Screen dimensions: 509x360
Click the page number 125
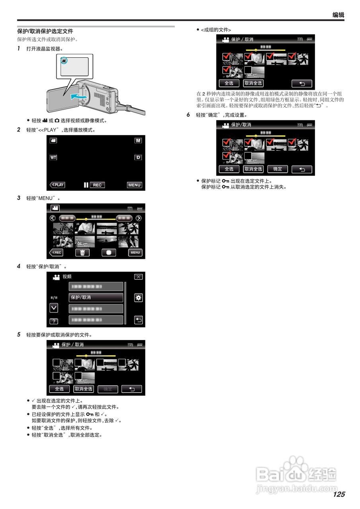pyautogui.click(x=339, y=494)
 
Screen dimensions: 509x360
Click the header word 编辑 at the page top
pyautogui.click(x=338, y=15)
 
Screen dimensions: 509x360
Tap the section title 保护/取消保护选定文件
pyautogui.click(x=45, y=31)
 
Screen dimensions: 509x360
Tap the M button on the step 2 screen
pyautogui.click(x=138, y=141)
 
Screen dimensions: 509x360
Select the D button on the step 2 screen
pyautogui.click(x=138, y=157)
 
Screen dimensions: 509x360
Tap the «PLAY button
pyautogui.click(x=57, y=185)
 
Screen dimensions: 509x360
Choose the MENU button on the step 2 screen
pyautogui.click(x=134, y=185)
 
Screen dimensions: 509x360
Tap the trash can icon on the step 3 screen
pyautogui.click(x=82, y=253)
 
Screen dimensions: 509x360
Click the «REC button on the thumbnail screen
pyautogui.click(x=56, y=253)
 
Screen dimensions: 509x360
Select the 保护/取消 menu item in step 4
pyautogui.click(x=96, y=297)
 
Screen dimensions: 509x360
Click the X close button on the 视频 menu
pyautogui.click(x=138, y=277)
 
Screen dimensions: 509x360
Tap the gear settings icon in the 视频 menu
pyautogui.click(x=138, y=298)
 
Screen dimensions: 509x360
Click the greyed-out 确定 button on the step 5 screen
pyautogui.click(x=108, y=389)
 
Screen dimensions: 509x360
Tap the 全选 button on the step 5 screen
pyautogui.click(x=59, y=389)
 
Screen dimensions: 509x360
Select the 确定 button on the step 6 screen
pyautogui.click(x=278, y=169)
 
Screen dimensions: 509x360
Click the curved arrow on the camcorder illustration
pyautogui.click(x=78, y=97)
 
